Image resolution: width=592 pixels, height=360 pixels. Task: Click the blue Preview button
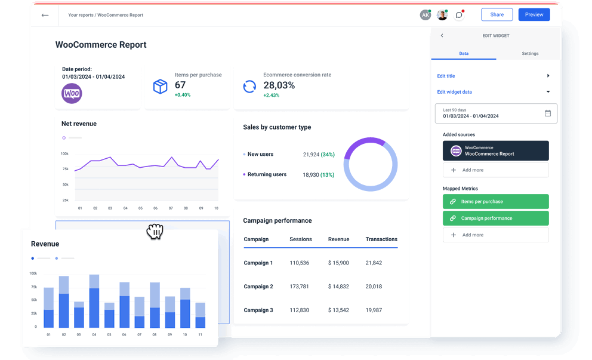coord(534,15)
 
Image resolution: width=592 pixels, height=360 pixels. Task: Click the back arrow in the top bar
coord(45,15)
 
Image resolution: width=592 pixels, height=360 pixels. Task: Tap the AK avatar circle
coord(425,15)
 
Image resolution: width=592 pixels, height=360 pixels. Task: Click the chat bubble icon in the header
coord(459,15)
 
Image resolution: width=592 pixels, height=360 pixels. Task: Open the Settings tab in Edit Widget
coord(530,54)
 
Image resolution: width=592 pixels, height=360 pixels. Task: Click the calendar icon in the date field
coord(548,113)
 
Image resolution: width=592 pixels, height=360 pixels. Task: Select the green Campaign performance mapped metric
coord(495,219)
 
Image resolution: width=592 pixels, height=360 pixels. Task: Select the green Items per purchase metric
coord(495,202)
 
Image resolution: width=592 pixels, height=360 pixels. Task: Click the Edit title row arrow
coord(548,76)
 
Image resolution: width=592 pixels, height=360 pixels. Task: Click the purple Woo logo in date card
coord(72,94)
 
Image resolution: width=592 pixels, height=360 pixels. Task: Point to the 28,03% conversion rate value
coord(279,85)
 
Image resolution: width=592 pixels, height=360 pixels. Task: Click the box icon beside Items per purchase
coord(160,87)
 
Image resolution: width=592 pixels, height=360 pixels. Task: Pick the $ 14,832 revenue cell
coord(338,287)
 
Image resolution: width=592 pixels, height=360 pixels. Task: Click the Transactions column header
coord(381,239)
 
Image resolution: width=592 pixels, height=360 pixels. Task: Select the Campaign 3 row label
coord(258,310)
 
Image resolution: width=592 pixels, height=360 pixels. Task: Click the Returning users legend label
coord(267,175)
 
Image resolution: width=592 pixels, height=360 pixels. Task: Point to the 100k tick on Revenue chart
coord(33,273)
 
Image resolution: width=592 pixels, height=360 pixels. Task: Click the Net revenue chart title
coord(79,124)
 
